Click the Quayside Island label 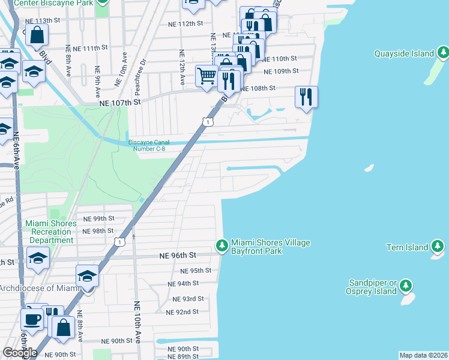404,53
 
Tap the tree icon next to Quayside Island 443,53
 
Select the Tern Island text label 407,247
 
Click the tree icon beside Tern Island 438,247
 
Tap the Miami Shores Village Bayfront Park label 271,247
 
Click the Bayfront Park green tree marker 222,246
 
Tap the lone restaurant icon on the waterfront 306,97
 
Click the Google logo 20,352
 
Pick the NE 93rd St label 188,299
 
